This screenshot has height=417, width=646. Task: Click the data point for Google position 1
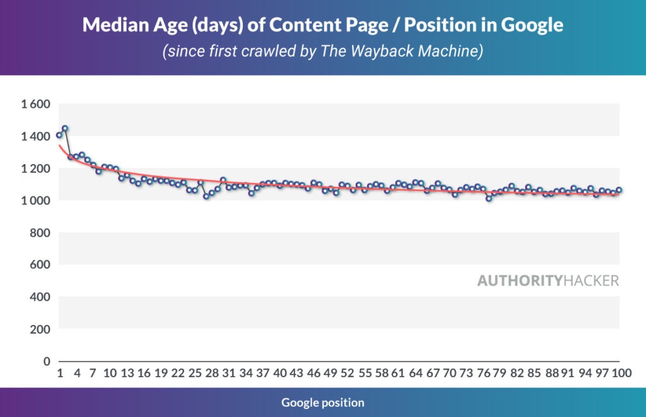pos(59,135)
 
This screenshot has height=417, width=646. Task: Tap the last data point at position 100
pos(619,190)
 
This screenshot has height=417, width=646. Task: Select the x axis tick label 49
pos(331,373)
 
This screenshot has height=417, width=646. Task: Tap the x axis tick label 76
pos(483,373)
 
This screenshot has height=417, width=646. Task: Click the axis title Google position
pos(323,402)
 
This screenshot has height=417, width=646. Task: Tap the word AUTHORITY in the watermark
pos(519,281)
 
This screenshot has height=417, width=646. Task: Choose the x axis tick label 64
pos(415,373)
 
